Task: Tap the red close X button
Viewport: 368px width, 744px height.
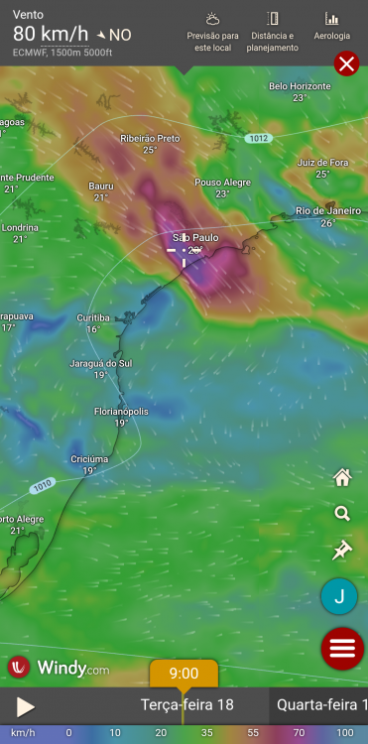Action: [346, 64]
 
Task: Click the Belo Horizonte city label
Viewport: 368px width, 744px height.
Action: [300, 86]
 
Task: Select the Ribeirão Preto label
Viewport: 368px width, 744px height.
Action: [150, 139]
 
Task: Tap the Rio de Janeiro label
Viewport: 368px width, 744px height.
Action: [328, 211]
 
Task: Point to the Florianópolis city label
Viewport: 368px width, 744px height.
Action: [121, 411]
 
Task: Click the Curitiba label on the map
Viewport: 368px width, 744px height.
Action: [93, 317]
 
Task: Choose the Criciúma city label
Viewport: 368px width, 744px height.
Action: [89, 459]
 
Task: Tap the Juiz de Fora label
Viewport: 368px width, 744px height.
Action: [321, 163]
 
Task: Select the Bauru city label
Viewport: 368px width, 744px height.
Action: [101, 186]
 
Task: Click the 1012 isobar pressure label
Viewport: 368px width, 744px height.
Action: [259, 139]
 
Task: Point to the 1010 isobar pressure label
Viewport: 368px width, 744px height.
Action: [42, 485]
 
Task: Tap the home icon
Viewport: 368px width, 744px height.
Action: [342, 478]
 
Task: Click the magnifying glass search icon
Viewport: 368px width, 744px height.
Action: [342, 514]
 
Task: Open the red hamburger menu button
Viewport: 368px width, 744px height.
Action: [342, 649]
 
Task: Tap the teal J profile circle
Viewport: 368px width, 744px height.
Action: [339, 596]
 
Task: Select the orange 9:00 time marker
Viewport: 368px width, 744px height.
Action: [184, 674]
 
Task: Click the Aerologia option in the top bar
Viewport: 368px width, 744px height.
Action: [331, 26]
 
